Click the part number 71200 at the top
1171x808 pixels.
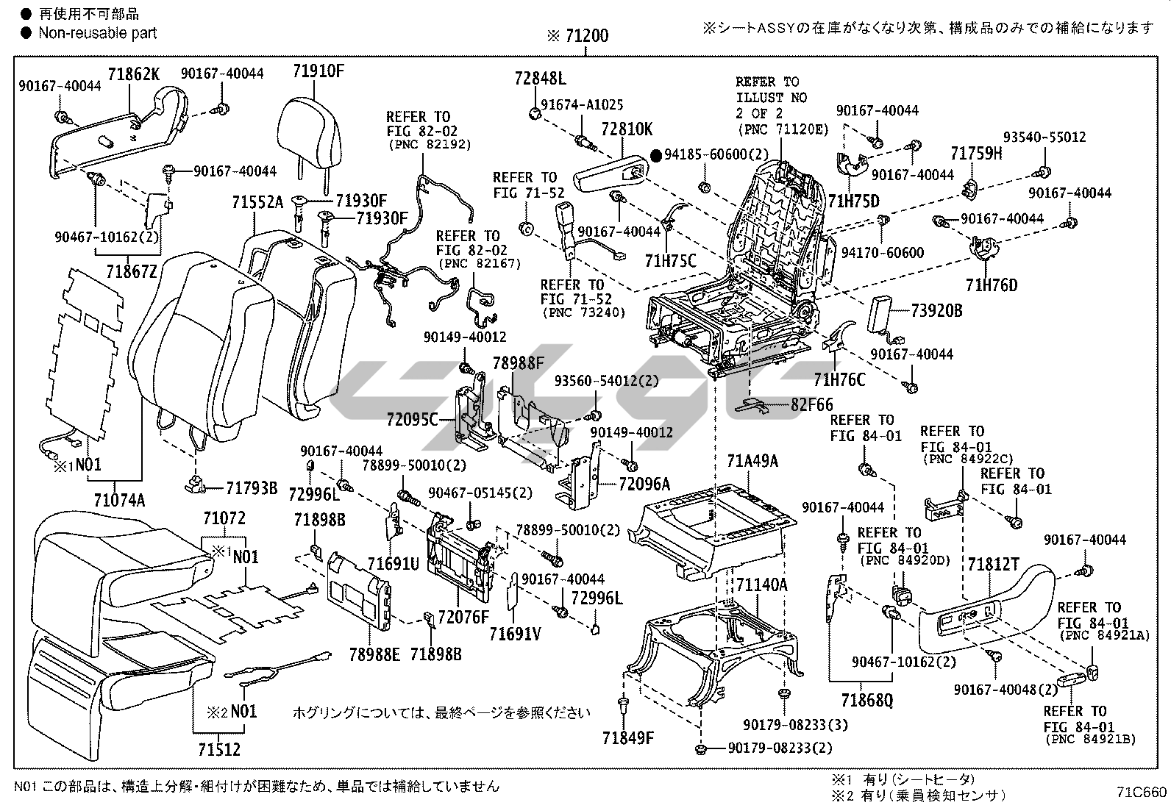586,35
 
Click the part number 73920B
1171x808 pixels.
936,310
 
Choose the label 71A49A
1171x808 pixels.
752,461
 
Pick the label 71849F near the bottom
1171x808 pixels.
627,737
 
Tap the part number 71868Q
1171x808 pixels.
868,699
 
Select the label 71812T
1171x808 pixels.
994,564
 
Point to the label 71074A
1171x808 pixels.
119,501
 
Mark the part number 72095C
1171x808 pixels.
412,420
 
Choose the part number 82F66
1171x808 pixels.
812,404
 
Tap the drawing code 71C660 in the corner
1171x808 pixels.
1141,792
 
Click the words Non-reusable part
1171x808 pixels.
97,32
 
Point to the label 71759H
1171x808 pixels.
976,154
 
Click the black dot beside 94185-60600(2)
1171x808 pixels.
655,155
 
